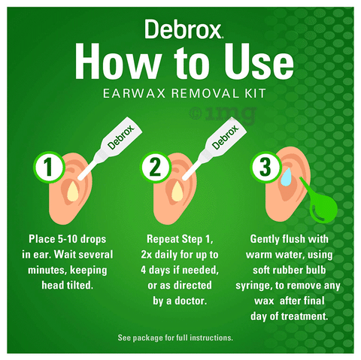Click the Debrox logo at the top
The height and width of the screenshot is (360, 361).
(x=184, y=29)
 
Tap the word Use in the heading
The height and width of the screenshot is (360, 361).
(x=259, y=62)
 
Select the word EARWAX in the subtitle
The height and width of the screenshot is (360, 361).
(x=135, y=94)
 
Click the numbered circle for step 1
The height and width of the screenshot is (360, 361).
(x=49, y=167)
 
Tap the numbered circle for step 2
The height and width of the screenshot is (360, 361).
(x=156, y=167)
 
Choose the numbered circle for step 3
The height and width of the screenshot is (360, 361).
(x=265, y=167)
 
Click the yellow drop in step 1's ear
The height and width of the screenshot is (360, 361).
(x=73, y=192)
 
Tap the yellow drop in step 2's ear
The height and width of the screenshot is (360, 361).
(x=177, y=192)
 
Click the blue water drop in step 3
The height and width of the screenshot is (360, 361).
(x=286, y=177)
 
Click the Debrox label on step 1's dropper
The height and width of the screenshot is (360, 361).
(x=121, y=138)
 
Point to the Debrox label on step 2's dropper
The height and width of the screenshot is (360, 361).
(x=226, y=138)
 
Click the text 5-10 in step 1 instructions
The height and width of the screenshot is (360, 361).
(x=68, y=239)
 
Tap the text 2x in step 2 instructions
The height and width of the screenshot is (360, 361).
(x=147, y=255)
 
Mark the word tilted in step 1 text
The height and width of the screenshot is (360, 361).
(x=80, y=285)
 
